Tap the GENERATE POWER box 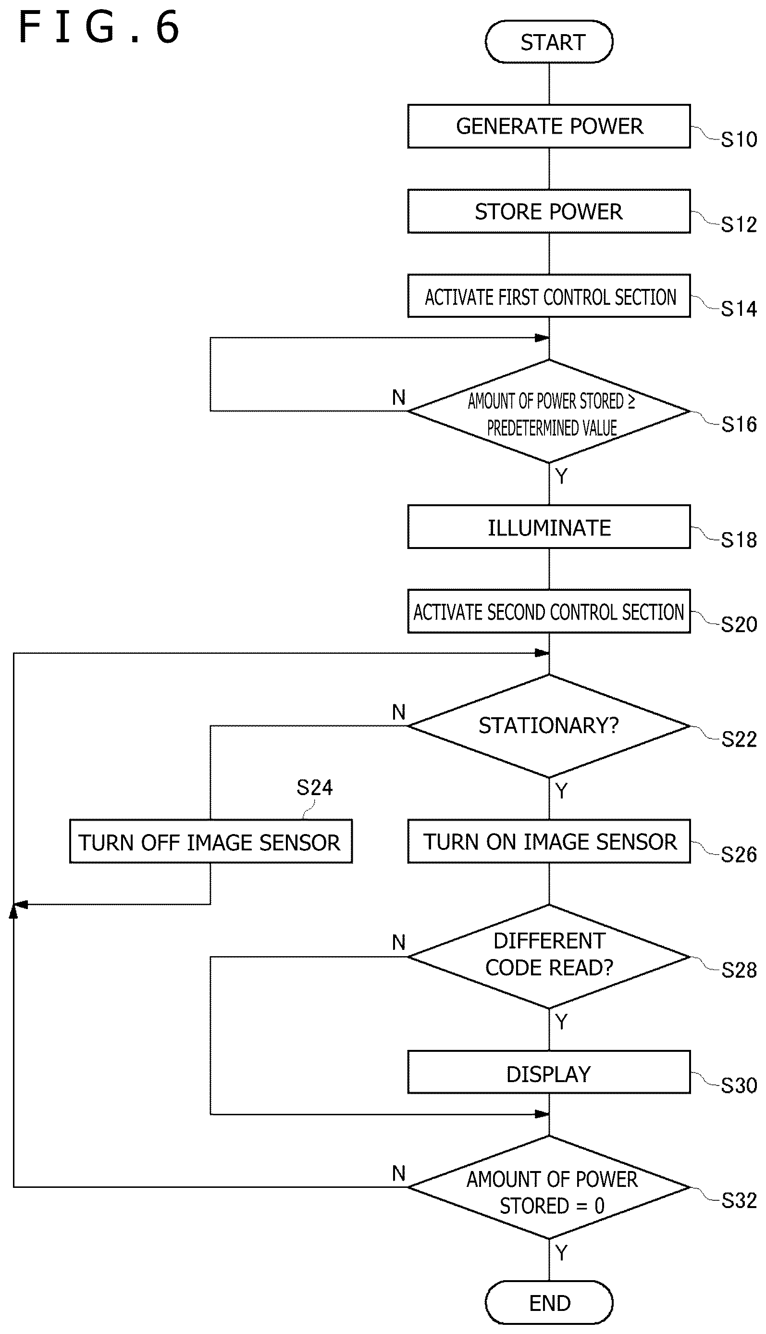[549, 126]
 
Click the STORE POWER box [549, 211]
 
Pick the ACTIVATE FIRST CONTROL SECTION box [549, 296]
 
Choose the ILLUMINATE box [549, 527]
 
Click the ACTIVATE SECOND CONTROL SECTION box [549, 611]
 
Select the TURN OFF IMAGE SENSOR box [211, 841]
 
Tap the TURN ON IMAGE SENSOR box [549, 841]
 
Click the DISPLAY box [549, 1072]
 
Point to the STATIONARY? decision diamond [549, 726]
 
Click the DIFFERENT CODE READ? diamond [549, 956]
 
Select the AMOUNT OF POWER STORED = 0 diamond [549, 1187]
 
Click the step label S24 [315, 787]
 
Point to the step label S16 [739, 424]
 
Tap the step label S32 [739, 1200]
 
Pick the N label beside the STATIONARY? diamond [399, 712]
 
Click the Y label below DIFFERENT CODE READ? [561, 1022]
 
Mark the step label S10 [739, 139]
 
